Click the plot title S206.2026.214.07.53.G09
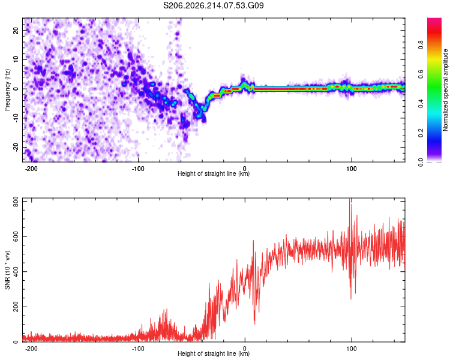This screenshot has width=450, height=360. coord(213,5)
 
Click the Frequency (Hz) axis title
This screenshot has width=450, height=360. coord(7,90)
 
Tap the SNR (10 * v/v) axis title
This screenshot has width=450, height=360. coord(7,270)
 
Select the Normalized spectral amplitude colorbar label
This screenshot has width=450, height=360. coord(445,90)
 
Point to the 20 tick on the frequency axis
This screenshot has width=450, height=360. coord(16,30)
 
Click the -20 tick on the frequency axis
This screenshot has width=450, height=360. coord(16,148)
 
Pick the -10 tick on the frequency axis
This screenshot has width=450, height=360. coord(16,118)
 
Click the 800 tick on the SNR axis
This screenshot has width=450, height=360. coord(16,202)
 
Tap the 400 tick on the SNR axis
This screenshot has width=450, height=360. coord(16,272)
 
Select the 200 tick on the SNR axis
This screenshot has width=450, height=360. coord(16,307)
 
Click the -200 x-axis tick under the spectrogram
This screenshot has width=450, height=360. coord(31,169)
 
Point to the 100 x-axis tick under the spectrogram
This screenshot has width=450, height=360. coord(351,169)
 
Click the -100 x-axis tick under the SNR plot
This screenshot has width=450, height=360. coord(138,349)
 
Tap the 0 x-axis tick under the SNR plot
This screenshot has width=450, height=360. coord(245,349)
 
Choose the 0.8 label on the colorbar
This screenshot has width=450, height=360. coord(421,45)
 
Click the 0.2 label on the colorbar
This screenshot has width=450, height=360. coord(421,133)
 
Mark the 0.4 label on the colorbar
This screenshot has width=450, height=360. coord(421,104)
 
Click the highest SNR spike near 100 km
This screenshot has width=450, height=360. coord(350,199)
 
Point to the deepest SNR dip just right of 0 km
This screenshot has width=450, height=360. coord(254,323)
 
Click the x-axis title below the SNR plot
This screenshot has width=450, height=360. coord(214,353)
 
